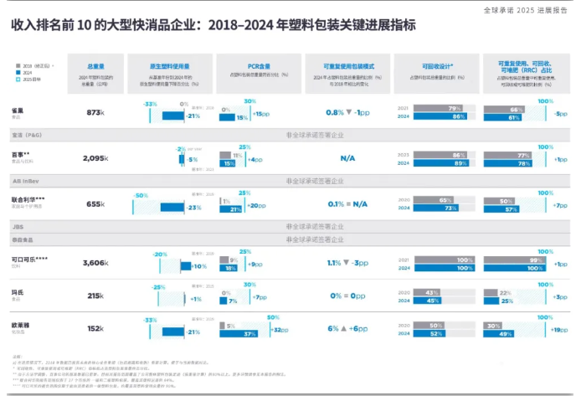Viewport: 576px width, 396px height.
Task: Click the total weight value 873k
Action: pos(94,113)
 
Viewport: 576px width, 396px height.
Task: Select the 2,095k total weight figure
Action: pos(97,157)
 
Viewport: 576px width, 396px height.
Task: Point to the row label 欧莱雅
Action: pos(21,325)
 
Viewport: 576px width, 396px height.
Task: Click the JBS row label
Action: pos(16,226)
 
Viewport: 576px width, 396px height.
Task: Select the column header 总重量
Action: pos(97,65)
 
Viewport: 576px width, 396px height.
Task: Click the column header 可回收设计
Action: pos(437,65)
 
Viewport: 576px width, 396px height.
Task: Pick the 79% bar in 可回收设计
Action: pos(439,108)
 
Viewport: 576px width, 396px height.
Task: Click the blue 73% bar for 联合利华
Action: pos(435,208)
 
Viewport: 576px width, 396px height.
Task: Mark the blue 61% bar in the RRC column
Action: pos(505,117)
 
